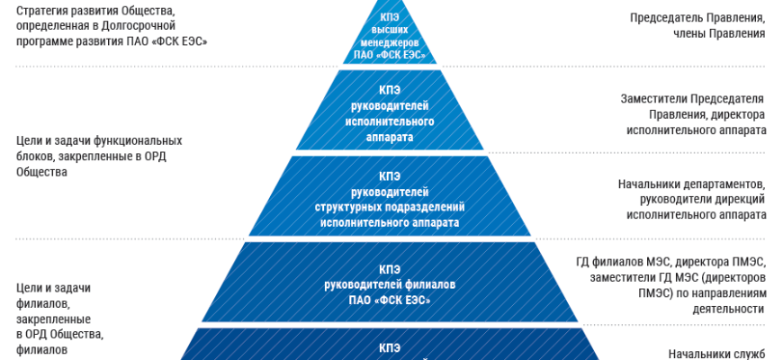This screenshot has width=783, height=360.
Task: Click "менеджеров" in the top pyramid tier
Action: coord(390,41)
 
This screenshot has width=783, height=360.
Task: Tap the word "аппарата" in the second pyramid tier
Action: coord(390,137)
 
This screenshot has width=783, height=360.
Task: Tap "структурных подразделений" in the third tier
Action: coord(390,207)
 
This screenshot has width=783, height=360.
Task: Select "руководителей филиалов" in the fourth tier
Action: coord(390,283)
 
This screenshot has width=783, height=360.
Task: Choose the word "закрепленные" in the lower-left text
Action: coord(52,319)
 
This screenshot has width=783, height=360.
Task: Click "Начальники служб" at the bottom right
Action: coord(715,352)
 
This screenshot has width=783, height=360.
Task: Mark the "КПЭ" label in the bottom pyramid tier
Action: coord(390,346)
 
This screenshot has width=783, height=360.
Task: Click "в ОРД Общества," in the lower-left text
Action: coord(60,335)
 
